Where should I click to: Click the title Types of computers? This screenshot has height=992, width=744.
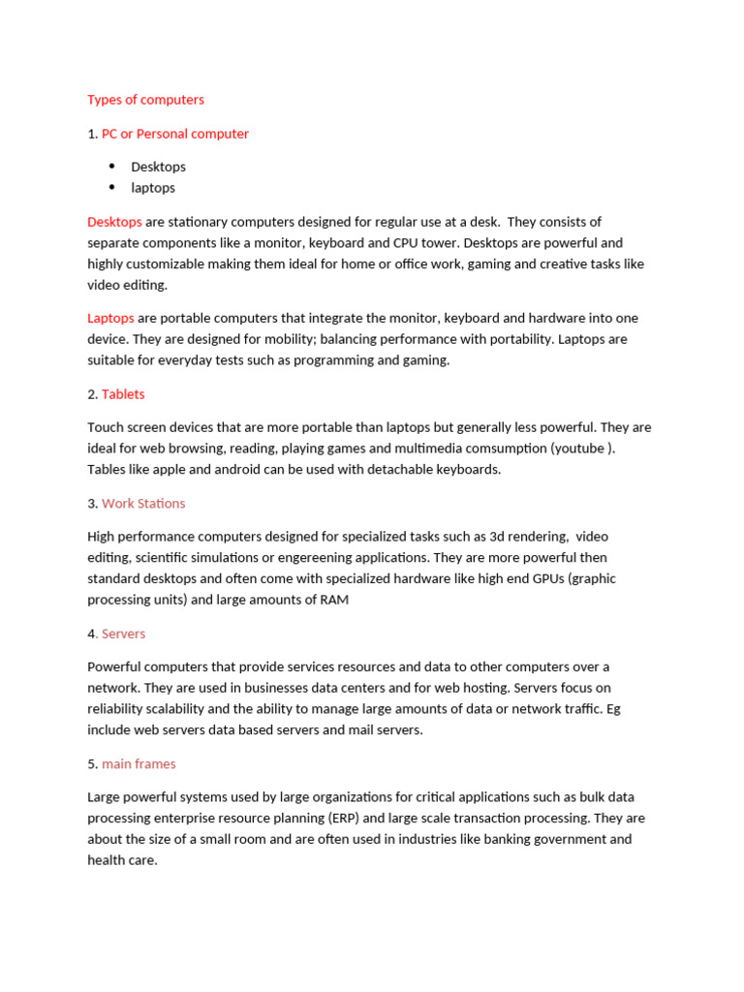click(x=145, y=100)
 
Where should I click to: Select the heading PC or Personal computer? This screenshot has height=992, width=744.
click(x=175, y=134)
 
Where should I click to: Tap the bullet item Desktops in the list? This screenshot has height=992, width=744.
click(x=158, y=167)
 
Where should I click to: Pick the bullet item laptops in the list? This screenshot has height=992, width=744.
click(x=153, y=188)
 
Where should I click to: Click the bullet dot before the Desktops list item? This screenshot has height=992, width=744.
click(x=111, y=167)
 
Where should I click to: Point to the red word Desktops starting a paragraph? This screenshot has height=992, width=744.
click(x=114, y=222)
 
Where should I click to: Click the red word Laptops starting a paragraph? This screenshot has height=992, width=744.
click(x=110, y=318)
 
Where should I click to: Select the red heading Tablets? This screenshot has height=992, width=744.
click(x=123, y=394)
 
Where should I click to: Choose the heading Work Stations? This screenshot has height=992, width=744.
click(x=143, y=504)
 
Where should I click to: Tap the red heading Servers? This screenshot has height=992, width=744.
click(x=123, y=634)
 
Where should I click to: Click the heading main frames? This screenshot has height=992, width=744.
click(x=139, y=764)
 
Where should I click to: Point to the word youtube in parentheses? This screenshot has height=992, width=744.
click(x=582, y=449)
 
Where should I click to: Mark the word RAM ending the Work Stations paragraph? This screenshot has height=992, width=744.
click(x=333, y=601)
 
